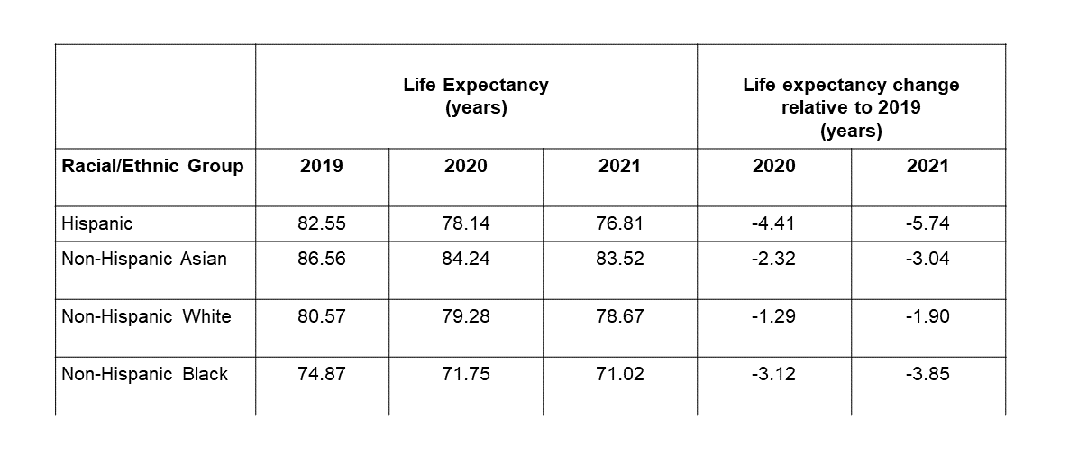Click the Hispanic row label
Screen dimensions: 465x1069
coord(96,223)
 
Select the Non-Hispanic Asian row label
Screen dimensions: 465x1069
coord(144,259)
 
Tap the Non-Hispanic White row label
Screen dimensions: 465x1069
coord(146,316)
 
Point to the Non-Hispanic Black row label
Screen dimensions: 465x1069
coord(144,374)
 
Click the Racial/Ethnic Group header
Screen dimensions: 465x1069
coord(152,166)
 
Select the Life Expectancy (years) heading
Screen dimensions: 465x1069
coord(476,96)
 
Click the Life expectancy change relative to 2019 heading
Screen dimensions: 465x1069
coord(851,107)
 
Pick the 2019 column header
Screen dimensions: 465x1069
coord(322,166)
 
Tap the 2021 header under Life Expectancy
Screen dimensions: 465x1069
coord(619,166)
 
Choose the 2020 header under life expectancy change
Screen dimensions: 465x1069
coord(773,166)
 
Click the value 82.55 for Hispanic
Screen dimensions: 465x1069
coord(322,223)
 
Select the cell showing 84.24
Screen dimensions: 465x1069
coord(466,259)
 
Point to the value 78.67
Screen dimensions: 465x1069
coord(619,316)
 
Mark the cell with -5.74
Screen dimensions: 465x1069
coord(927,223)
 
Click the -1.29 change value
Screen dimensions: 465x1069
coord(773,316)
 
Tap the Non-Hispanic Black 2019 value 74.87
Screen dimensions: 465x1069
coord(322,374)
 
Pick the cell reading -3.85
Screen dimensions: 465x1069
coord(927,374)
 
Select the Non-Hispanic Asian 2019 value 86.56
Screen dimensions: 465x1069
coord(322,259)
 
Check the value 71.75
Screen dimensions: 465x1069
coord(466,374)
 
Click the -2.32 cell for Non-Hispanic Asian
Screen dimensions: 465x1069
coord(773,259)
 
